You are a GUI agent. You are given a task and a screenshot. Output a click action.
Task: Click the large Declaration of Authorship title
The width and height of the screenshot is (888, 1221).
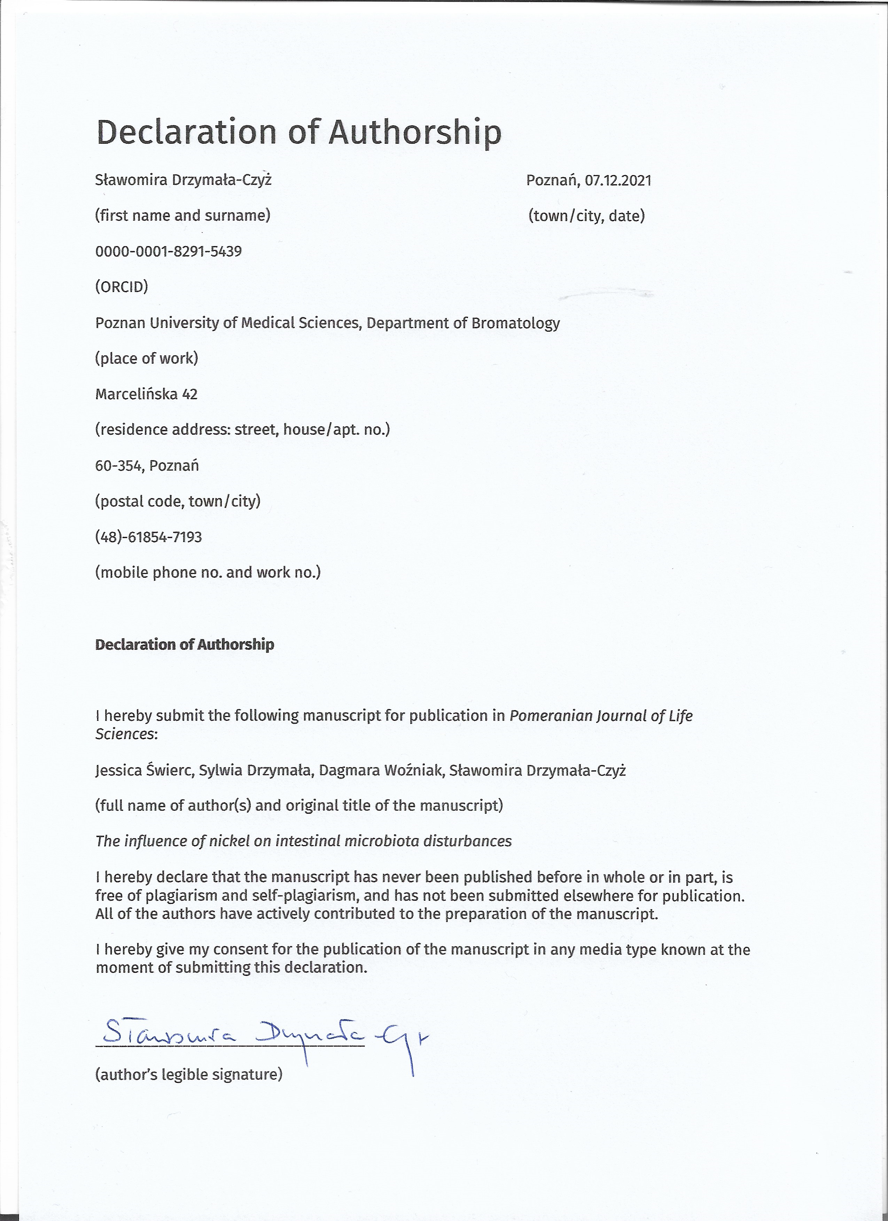[298, 132]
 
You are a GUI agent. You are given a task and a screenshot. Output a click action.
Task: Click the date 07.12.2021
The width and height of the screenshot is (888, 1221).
[618, 180]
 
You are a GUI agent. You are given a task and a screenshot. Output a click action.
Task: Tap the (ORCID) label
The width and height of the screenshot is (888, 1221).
[121, 287]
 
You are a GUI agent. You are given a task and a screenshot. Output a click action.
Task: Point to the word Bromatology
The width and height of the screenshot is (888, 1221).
[515, 323]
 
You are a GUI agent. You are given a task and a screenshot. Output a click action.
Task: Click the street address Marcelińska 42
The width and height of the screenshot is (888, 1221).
[146, 395]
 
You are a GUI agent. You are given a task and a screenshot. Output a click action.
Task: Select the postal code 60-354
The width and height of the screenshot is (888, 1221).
[118, 466]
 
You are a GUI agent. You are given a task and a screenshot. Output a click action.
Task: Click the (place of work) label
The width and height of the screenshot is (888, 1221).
[147, 359]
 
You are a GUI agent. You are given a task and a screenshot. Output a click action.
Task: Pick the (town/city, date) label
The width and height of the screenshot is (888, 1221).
[586, 216]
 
